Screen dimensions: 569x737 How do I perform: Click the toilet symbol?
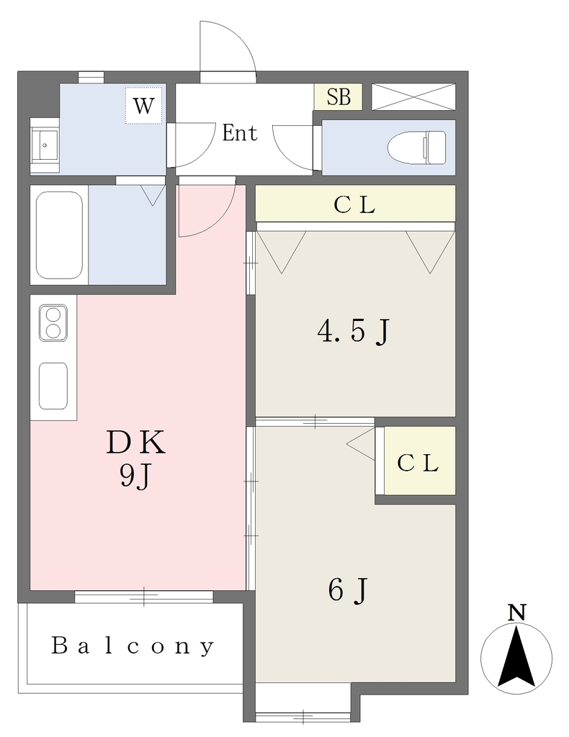click(416, 148)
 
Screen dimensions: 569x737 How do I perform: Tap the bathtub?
click(59, 235)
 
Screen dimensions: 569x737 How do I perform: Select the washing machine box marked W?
click(144, 105)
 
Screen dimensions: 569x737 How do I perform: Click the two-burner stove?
click(53, 322)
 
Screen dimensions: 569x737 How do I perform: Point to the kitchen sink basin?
click(53, 386)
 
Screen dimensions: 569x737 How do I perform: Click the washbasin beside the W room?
click(45, 145)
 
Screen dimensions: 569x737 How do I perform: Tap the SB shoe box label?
click(339, 97)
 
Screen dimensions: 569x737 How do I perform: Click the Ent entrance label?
click(240, 133)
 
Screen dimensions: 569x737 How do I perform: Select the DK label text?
click(136, 443)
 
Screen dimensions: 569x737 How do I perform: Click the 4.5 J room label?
click(354, 332)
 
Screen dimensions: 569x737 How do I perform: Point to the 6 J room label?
click(348, 590)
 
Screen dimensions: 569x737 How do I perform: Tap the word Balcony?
click(133, 646)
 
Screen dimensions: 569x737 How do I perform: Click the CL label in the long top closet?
click(354, 205)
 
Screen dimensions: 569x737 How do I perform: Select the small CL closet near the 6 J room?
click(420, 461)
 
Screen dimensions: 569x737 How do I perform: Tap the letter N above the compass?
click(517, 612)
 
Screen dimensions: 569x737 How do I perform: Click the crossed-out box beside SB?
click(414, 97)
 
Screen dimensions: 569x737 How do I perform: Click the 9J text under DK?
click(136, 478)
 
